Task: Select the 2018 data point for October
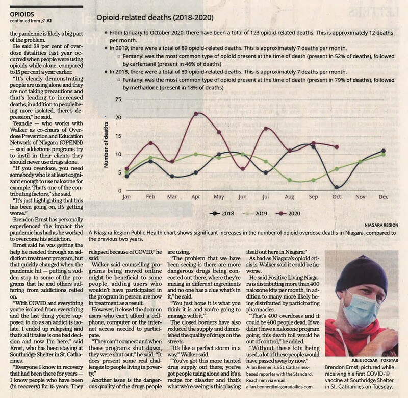tap(336, 187)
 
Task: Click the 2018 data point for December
tap(383, 151)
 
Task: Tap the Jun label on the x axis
tap(242, 197)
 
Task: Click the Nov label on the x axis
tap(360, 197)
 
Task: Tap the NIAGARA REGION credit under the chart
tap(380, 225)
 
